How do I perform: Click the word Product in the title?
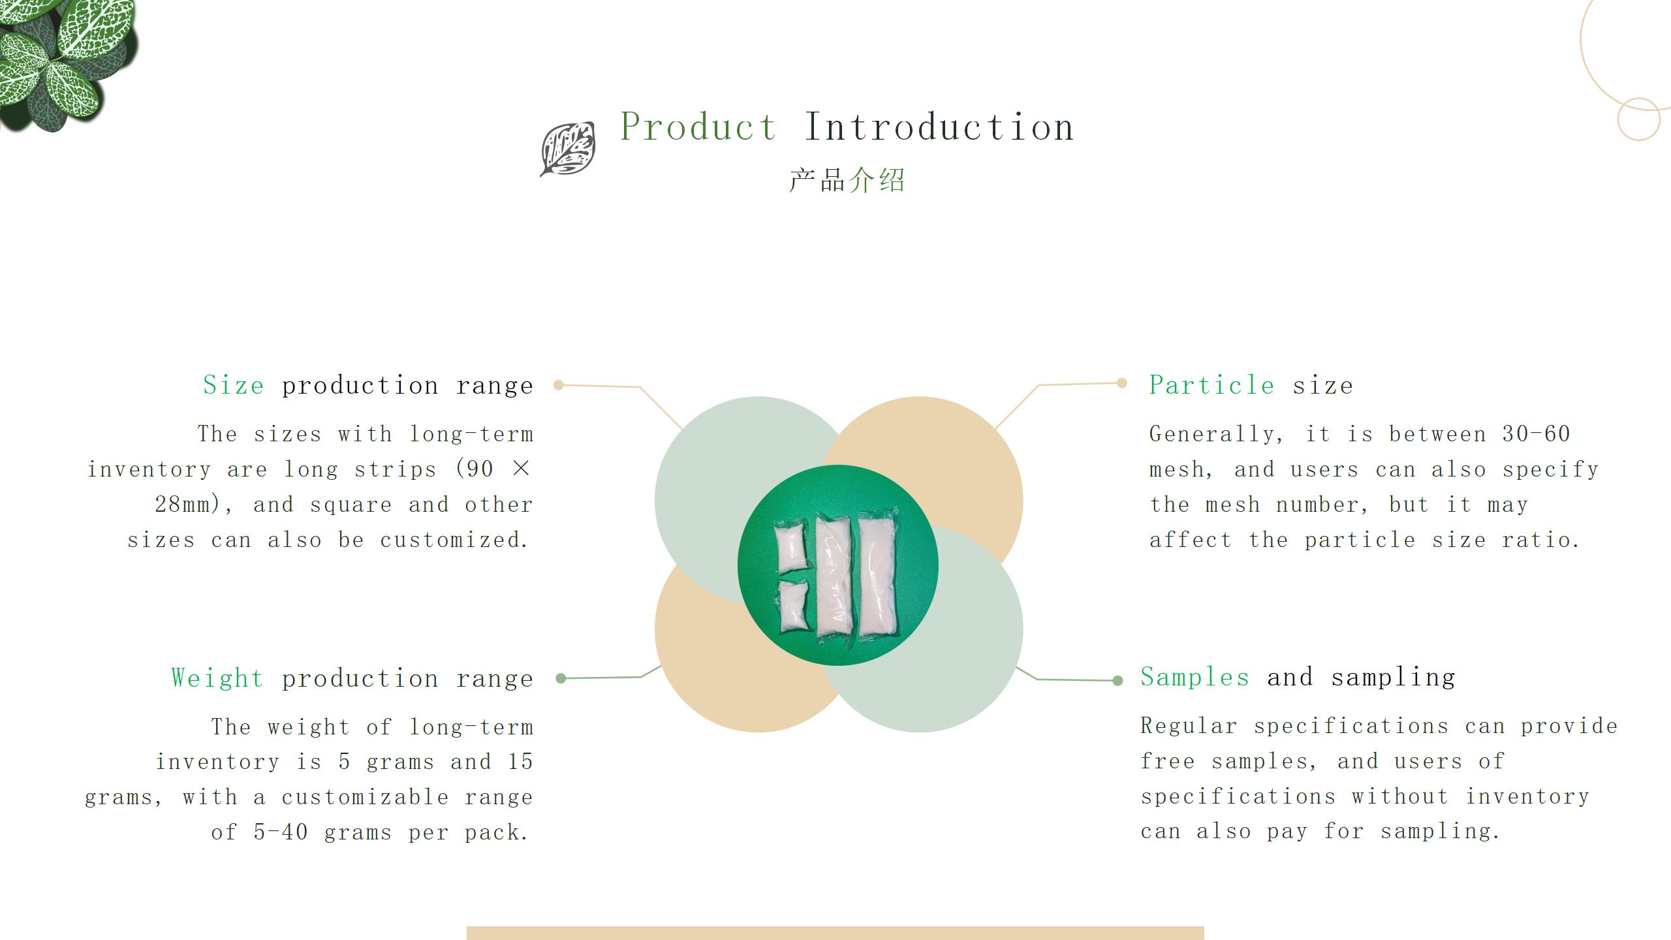pos(698,127)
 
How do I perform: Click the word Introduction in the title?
pos(939,127)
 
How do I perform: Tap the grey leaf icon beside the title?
pos(567,149)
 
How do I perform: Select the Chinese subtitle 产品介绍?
pos(847,181)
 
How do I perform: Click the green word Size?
pos(234,385)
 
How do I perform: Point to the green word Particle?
pos(1211,385)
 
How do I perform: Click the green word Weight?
pos(217,678)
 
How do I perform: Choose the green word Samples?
pos(1195,677)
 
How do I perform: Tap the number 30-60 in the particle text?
pos(1536,434)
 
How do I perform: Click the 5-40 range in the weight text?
pos(281,832)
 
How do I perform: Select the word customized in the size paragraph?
pos(454,540)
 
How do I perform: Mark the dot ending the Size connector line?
pos(558,385)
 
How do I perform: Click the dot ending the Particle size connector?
pos(1121,383)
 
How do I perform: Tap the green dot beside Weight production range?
pos(561,678)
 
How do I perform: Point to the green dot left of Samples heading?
pos(1117,681)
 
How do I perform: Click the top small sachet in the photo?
pos(790,548)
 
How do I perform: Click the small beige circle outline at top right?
pos(1638,119)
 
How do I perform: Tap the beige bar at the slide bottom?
pos(835,933)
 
